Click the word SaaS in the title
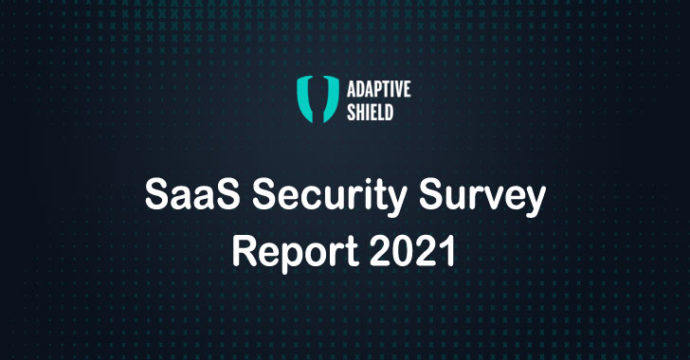click(182, 198)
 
